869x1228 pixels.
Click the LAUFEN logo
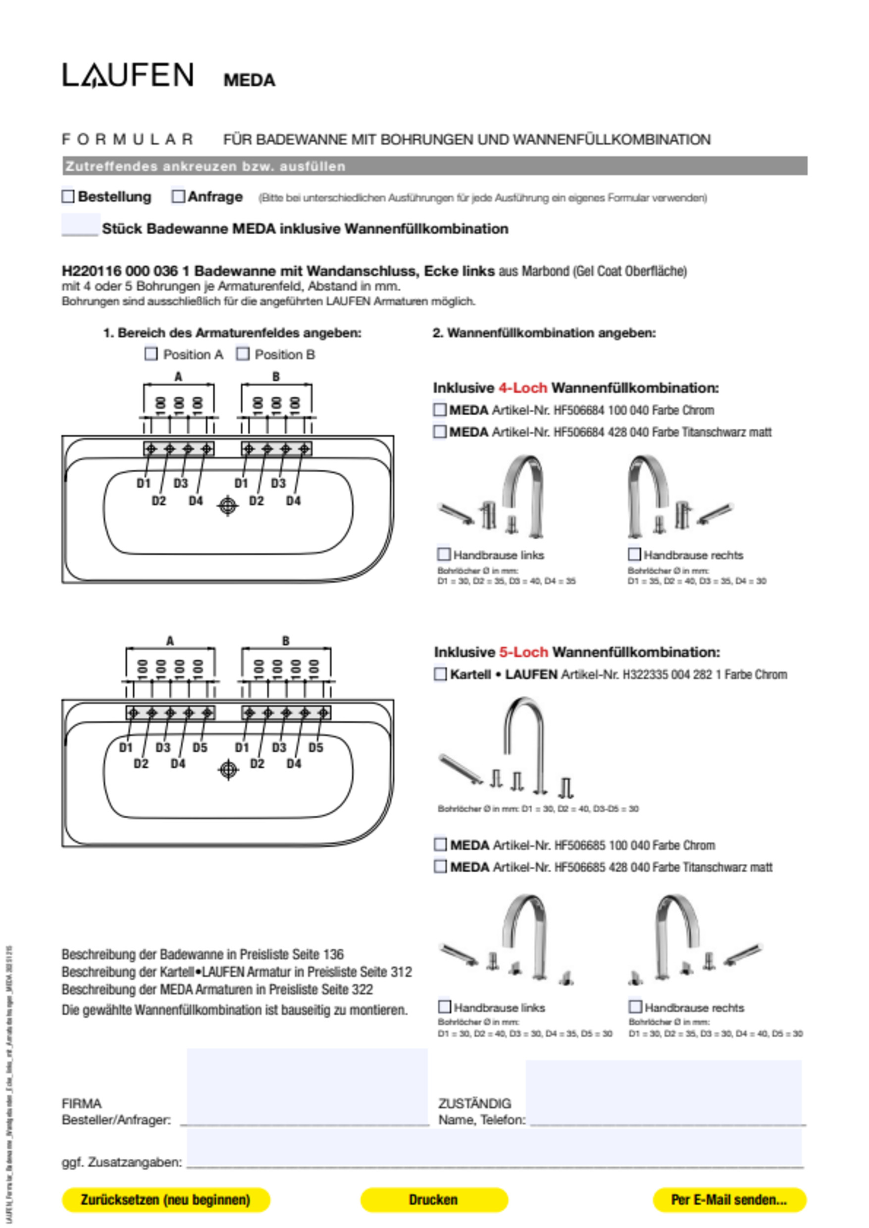pyautogui.click(x=128, y=75)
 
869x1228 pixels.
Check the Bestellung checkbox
pyautogui.click(x=68, y=196)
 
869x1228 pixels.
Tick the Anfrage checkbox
pyautogui.click(x=178, y=196)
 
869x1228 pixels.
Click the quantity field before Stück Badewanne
pyautogui.click(x=81, y=225)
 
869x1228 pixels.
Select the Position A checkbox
pyautogui.click(x=152, y=354)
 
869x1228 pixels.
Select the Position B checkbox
pyautogui.click(x=243, y=354)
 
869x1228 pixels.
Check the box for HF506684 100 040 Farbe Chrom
pyautogui.click(x=440, y=410)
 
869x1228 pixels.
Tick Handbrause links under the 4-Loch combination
pyautogui.click(x=444, y=554)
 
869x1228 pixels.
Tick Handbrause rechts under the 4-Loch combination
pyautogui.click(x=634, y=554)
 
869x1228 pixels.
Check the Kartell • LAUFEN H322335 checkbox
pyautogui.click(x=440, y=674)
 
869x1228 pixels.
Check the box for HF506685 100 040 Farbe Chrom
pyautogui.click(x=440, y=845)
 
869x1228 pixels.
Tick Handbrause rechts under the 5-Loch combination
pyautogui.click(x=635, y=1007)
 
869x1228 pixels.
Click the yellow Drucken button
pyautogui.click(x=434, y=1200)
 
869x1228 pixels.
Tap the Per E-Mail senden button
pyautogui.click(x=729, y=1200)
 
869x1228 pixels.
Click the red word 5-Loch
pyautogui.click(x=523, y=652)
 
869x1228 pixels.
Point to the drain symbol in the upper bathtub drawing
pyautogui.click(x=228, y=505)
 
